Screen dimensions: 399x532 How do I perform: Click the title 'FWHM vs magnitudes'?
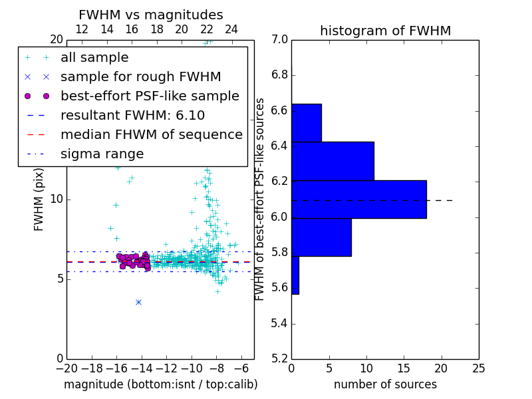tap(151, 15)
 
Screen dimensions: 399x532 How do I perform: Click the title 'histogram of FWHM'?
tap(385, 31)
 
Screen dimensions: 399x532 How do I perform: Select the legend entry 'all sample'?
tap(94, 58)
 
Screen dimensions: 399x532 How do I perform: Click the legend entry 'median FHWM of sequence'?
tap(151, 134)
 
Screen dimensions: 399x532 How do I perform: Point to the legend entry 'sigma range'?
tap(102, 154)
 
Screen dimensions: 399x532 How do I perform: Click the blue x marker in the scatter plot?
tap(138, 302)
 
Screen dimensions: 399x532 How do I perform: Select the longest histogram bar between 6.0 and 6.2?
tap(358, 199)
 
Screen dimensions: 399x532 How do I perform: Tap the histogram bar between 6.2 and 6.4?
tap(332, 161)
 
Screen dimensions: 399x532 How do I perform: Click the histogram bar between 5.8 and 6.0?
tap(321, 237)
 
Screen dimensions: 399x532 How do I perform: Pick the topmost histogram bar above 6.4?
tap(307, 123)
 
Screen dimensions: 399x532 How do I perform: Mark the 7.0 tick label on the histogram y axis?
tap(280, 40)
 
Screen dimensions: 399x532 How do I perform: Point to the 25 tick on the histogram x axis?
tap(479, 368)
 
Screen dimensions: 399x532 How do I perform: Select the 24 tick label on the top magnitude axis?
tap(231, 29)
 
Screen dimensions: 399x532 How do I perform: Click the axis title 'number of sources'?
tap(385, 384)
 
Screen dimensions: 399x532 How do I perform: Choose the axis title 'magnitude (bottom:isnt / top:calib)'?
tap(160, 384)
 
